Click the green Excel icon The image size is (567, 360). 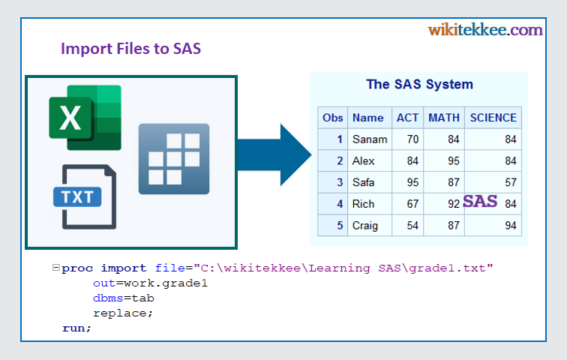pyautogui.click(x=85, y=118)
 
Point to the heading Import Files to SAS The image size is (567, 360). pyautogui.click(x=130, y=49)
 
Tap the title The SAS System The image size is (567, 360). pyautogui.click(x=419, y=84)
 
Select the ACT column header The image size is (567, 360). pyautogui.click(x=407, y=118)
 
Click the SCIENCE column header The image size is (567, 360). pyautogui.click(x=493, y=118)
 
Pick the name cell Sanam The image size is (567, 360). pyautogui.click(x=369, y=139)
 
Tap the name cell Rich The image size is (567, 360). pyautogui.click(x=363, y=204)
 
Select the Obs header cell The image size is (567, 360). pyautogui.click(x=332, y=118)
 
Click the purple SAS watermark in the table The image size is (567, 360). pyautogui.click(x=480, y=201)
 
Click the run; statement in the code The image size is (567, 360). pyautogui.click(x=76, y=328)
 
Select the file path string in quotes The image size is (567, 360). pyautogui.click(x=343, y=268)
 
